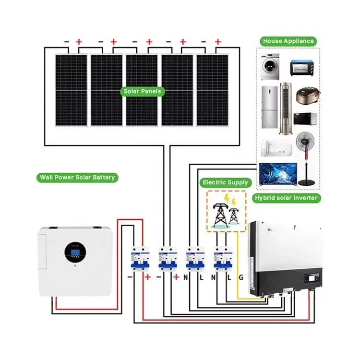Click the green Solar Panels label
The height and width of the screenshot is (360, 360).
coord(143,91)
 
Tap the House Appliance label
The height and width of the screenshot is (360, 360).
coord(288,41)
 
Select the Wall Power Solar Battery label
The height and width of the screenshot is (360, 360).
coord(77,178)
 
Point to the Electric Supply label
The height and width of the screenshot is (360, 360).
coord(226,182)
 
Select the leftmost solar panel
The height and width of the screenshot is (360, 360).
coord(71,90)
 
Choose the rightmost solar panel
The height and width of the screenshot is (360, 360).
coord(212,90)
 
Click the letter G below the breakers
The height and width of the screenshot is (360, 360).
coord(240,277)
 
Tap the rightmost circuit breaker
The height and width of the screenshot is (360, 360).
coord(221,260)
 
